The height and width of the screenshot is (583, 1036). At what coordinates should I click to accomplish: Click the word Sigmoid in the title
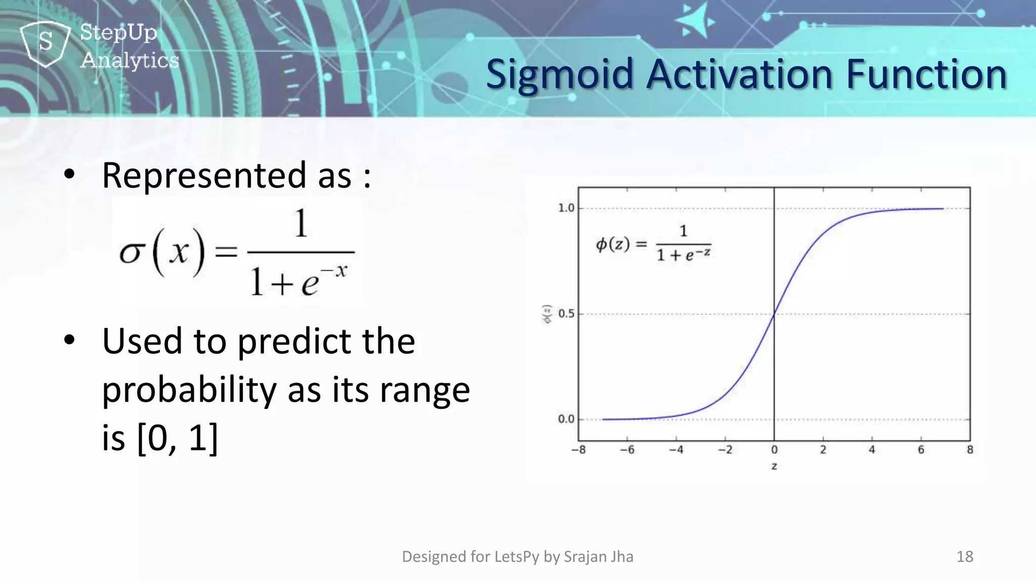pos(559,74)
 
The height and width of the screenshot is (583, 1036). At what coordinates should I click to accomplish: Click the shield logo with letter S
pos(46,43)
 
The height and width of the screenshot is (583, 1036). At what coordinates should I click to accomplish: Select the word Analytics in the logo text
pos(129,60)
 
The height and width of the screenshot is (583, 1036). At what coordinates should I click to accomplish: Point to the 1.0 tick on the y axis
pos(566,208)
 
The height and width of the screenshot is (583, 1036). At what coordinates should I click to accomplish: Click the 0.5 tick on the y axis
pos(566,314)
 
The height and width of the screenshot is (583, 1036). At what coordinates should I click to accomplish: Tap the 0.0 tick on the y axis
pos(566,419)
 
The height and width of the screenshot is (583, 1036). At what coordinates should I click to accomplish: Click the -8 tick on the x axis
pos(578,449)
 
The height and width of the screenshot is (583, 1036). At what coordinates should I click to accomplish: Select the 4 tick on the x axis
pos(872,449)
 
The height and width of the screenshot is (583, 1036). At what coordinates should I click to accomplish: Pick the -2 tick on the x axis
pos(725,449)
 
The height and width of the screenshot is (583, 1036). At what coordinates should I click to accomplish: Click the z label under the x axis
pos(774,466)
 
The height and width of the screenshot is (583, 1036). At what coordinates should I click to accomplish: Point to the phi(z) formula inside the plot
pos(653,244)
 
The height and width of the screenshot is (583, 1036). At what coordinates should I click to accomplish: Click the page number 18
pos(965,557)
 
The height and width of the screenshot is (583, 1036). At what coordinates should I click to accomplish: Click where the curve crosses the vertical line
pos(774,314)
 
